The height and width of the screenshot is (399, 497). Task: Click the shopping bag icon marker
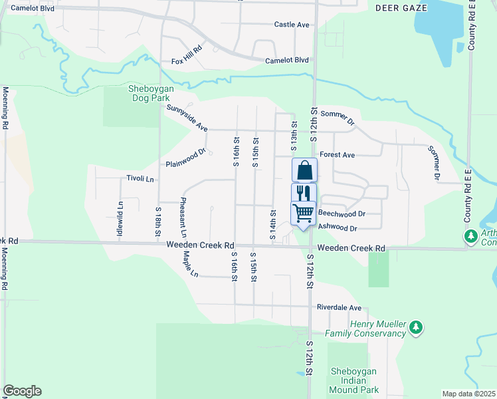[x=304, y=170]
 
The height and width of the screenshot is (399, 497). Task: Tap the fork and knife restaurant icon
[x=304, y=193]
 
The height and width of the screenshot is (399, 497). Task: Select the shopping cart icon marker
[x=304, y=213]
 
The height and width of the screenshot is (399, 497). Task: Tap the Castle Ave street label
[x=292, y=25]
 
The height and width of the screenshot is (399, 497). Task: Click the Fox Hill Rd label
[x=186, y=61]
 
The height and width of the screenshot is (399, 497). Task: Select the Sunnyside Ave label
[x=187, y=118]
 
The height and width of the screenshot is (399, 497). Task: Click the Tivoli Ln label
[x=140, y=179]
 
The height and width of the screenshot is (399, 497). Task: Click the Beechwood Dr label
[x=342, y=214]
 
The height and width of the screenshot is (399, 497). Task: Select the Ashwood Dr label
[x=338, y=228]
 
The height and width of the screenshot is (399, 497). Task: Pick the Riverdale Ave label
[x=339, y=308]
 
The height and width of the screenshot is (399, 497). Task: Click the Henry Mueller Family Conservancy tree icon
[x=416, y=327]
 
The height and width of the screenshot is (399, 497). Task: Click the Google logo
[x=22, y=391]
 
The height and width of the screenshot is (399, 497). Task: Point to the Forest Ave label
[x=337, y=155]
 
